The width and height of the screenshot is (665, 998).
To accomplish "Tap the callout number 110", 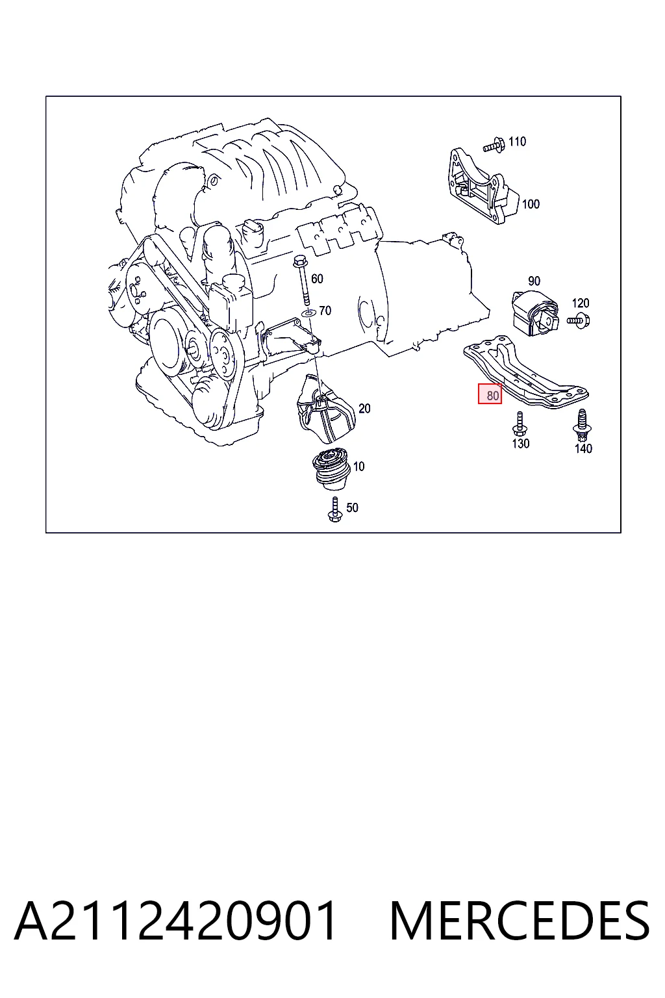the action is pos(517,142).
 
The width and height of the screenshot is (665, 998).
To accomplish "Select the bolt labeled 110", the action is pos(494,146).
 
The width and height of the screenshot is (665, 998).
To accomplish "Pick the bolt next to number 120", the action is pos(579,320).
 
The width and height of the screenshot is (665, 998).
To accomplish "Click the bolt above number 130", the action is pos(519,424).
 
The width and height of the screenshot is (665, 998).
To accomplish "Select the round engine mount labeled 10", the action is pos(331,469).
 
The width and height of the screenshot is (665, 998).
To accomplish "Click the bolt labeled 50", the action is pos(334,509).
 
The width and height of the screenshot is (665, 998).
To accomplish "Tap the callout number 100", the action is pos(531,204).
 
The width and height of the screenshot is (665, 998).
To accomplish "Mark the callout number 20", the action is pos(364,408).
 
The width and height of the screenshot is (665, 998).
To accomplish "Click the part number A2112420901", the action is pos(175,921).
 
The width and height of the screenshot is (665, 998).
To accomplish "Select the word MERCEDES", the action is pos(520,921).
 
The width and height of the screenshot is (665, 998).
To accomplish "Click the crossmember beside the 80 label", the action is pos(526,372).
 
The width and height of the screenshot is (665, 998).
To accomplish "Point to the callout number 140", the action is pos(583,449).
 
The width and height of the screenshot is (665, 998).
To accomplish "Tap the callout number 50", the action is pos(352,507).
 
